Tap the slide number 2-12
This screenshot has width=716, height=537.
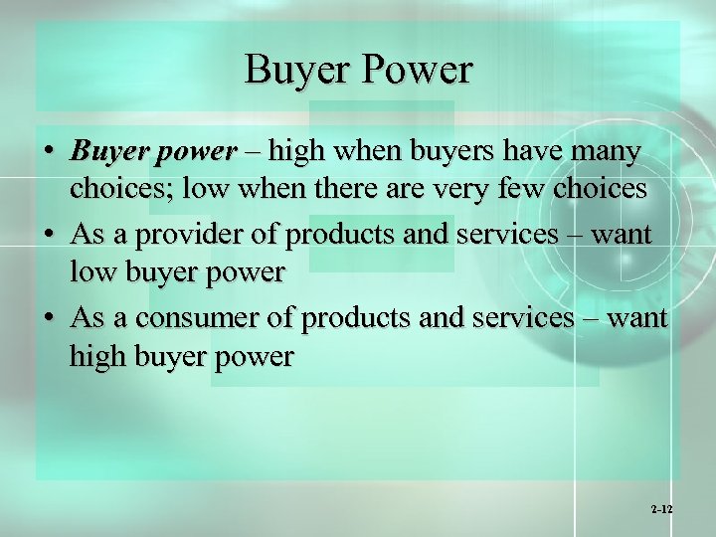point(661,508)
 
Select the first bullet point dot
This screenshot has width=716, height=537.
point(49,153)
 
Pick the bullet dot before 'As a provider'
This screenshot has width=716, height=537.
point(49,236)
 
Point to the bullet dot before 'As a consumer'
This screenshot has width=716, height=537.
point(49,318)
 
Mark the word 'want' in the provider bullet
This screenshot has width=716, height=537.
point(618,237)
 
